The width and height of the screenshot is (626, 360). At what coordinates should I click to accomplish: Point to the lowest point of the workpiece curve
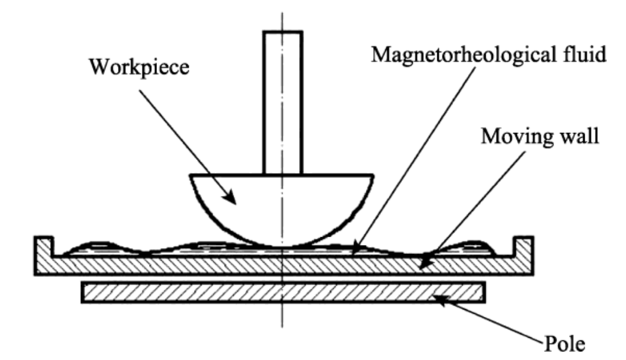pyautogui.click(x=282, y=246)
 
